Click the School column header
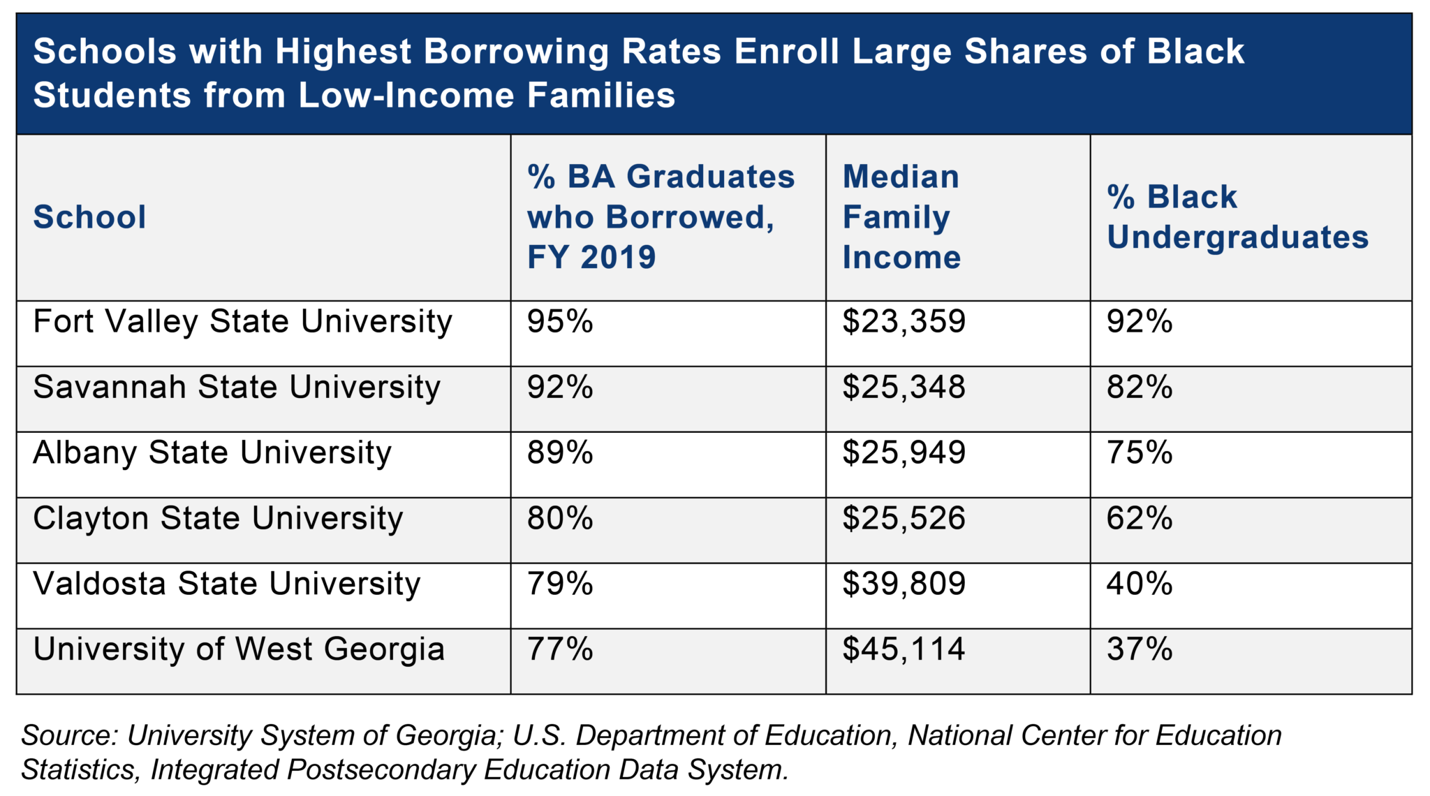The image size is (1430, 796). tap(89, 217)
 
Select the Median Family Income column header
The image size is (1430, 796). tap(901, 217)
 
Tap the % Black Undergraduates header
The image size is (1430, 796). tap(1237, 217)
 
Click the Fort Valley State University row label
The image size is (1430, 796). tap(242, 323)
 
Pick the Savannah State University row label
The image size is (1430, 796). tap(237, 388)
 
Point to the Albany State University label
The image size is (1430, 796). tap(212, 453)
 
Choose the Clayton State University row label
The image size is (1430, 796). tap(218, 519)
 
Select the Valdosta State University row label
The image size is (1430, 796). tap(227, 584)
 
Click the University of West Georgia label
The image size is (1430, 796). tap(239, 649)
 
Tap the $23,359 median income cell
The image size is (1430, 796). tap(904, 322)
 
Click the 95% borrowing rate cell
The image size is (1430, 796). tap(560, 322)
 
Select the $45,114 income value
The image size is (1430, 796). tap(904, 649)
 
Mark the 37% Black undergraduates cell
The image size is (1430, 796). tap(1140, 649)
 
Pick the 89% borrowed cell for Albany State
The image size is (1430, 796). tap(560, 453)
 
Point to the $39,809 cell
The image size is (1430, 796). tap(904, 584)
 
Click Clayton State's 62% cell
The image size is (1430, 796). tap(1140, 519)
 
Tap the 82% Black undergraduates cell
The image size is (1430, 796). tap(1140, 388)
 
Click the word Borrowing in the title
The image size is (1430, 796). tap(516, 52)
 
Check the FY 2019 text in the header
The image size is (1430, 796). tap(591, 258)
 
